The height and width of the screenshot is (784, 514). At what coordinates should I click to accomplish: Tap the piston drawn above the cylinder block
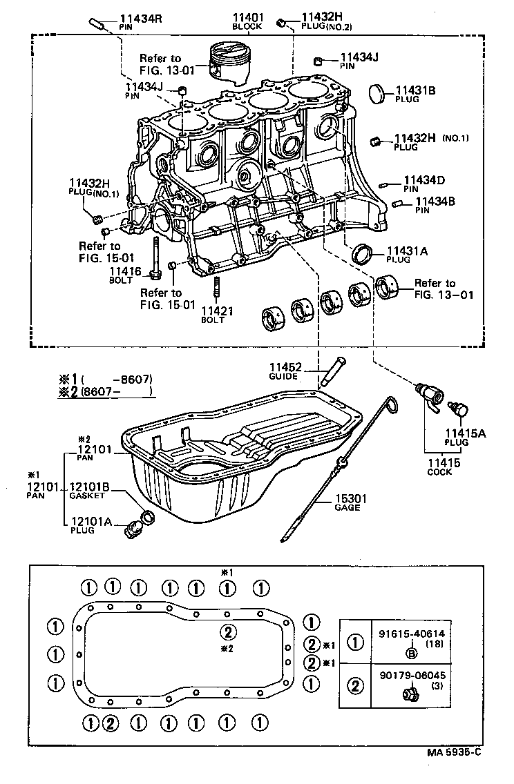(x=229, y=63)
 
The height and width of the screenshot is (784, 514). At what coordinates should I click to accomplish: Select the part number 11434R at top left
(x=140, y=18)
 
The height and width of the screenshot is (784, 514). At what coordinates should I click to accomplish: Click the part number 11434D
(x=424, y=180)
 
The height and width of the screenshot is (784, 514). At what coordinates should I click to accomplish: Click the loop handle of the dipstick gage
(x=391, y=407)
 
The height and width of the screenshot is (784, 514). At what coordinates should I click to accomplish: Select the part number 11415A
(x=464, y=433)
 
